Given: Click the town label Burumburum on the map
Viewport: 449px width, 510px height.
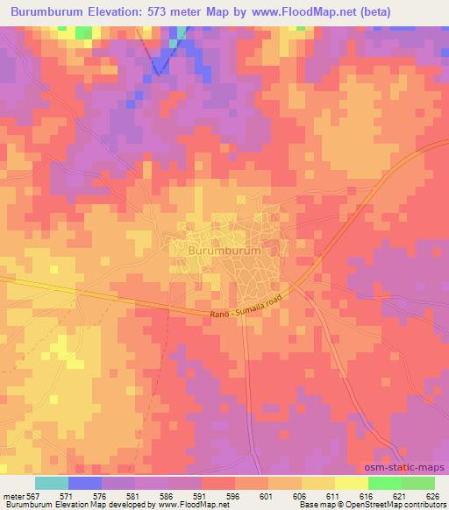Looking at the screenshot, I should (224, 251).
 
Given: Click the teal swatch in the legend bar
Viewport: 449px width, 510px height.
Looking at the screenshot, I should (51, 483).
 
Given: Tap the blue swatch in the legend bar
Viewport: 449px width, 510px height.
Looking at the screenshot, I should (84, 483).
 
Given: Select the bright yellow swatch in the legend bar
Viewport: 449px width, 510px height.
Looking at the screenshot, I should (351, 483).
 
